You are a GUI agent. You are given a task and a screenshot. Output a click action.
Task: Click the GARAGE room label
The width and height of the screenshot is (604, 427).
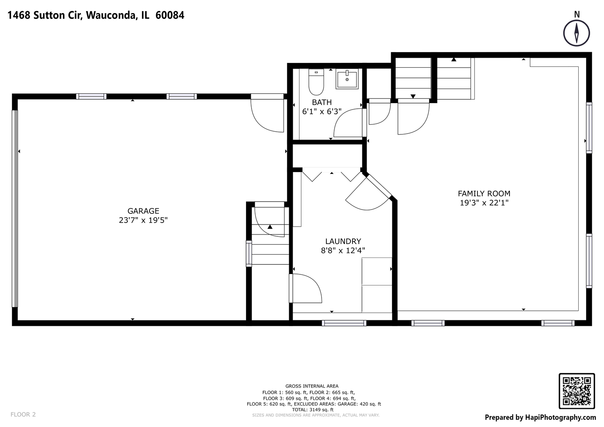143,211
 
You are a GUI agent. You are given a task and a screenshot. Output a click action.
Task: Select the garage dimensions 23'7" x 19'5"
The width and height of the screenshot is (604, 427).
143,221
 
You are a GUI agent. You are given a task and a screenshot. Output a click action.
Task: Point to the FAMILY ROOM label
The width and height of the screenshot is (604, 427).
484,194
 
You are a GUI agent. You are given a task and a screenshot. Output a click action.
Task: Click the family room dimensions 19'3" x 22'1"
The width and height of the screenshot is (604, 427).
484,203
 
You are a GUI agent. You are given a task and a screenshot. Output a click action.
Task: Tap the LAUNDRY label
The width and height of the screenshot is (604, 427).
343,241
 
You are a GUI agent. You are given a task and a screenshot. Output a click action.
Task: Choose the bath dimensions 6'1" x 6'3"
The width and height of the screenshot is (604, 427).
322,112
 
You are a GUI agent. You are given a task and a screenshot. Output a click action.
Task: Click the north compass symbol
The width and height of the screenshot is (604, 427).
576,33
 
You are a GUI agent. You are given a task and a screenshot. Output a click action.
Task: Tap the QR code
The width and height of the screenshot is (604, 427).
576,391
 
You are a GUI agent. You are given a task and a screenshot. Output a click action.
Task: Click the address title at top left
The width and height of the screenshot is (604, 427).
96,15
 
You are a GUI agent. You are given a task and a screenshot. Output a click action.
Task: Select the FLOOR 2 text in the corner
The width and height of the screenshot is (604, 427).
23,414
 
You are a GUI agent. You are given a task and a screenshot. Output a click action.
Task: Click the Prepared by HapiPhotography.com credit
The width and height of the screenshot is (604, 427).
540,418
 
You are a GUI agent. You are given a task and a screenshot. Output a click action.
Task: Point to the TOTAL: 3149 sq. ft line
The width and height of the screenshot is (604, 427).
312,410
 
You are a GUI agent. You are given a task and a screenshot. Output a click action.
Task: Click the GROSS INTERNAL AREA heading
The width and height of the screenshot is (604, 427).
312,386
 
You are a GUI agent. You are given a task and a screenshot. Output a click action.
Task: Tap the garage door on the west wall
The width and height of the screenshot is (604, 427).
15,208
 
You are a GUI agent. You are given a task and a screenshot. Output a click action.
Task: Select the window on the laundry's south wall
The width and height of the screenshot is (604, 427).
344,323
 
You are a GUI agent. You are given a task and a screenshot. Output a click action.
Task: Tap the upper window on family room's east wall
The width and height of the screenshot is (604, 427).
589,128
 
